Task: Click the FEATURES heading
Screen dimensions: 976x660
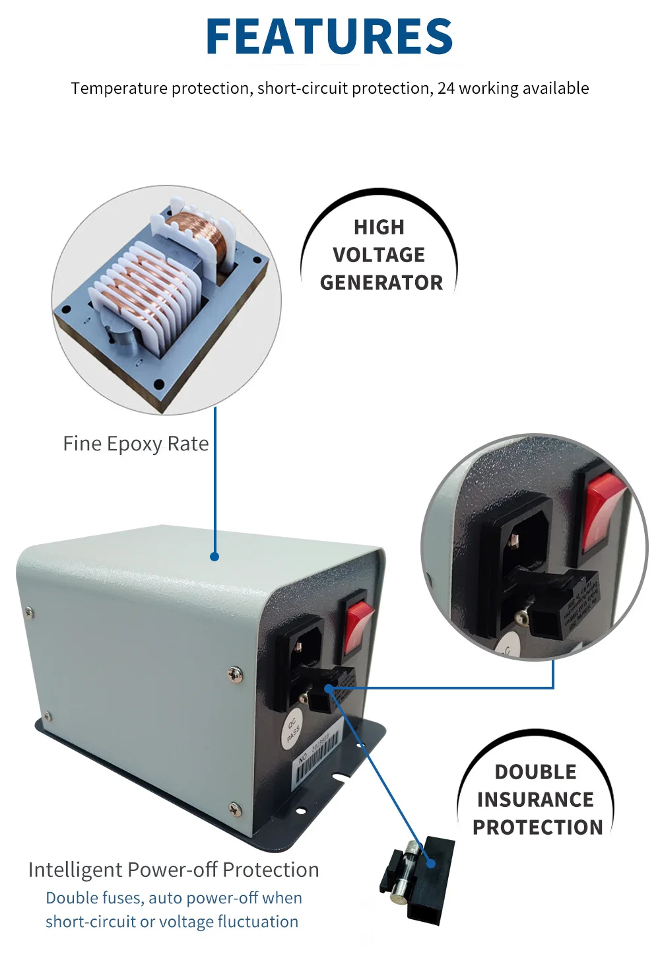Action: pyautogui.click(x=329, y=36)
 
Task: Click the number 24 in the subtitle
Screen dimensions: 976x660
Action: pyautogui.click(x=446, y=88)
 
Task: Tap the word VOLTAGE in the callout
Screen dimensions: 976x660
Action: pyautogui.click(x=379, y=255)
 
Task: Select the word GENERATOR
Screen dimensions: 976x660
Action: pyautogui.click(x=381, y=283)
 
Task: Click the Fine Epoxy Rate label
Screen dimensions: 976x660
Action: pyautogui.click(x=135, y=444)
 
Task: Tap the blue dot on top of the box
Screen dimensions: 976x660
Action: pyautogui.click(x=214, y=557)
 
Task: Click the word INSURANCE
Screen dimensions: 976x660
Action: pyautogui.click(x=535, y=800)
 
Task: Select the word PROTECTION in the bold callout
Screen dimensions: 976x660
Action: pyautogui.click(x=538, y=827)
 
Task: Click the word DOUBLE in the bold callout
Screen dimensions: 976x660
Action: pyautogui.click(x=535, y=772)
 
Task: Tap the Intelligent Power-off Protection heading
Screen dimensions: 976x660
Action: pyautogui.click(x=174, y=870)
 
